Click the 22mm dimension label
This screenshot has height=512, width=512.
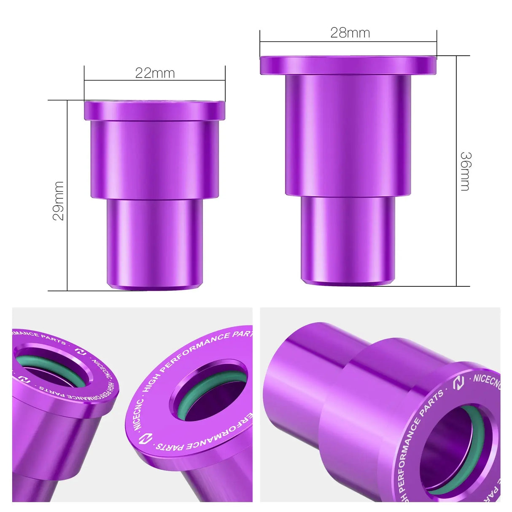[x=155, y=73]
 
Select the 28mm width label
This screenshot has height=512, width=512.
[x=350, y=33]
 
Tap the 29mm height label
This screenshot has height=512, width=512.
[x=58, y=201]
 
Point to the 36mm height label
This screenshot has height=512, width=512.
[x=465, y=171]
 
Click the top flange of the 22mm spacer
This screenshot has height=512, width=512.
[x=154, y=110]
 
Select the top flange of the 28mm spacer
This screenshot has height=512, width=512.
[x=348, y=65]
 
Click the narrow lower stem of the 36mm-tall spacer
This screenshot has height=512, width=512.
[x=348, y=238]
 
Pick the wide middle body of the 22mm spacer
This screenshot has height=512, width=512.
[x=154, y=158]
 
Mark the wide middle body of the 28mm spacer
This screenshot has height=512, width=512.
[x=348, y=135]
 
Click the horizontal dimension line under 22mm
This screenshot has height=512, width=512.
[x=154, y=81]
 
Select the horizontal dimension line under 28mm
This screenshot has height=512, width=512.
[x=348, y=42]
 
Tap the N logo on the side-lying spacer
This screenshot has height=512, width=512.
[x=458, y=383]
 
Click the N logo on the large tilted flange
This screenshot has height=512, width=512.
[x=145, y=439]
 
